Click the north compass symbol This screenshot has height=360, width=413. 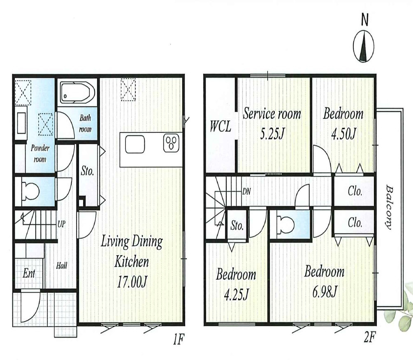(x=364, y=46)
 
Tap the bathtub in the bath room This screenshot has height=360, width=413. (x=77, y=92)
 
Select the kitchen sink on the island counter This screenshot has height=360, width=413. (x=135, y=144)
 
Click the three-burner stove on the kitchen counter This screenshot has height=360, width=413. (x=171, y=143)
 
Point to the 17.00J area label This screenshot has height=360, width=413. (x=132, y=282)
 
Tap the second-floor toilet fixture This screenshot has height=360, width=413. (x=285, y=225)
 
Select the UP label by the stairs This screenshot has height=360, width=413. (x=61, y=224)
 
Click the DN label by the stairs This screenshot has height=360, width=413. (x=246, y=192)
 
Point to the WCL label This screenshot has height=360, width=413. (x=220, y=126)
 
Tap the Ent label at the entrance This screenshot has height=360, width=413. (x=29, y=273)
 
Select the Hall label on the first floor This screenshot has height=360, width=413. (x=61, y=265)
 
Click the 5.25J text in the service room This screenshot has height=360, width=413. (x=272, y=134)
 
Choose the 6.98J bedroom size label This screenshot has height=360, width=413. (x=325, y=292)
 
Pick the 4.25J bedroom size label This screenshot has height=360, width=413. (x=236, y=295)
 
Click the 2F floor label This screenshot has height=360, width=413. (x=369, y=337)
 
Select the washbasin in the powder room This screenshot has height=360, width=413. (x=22, y=123)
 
